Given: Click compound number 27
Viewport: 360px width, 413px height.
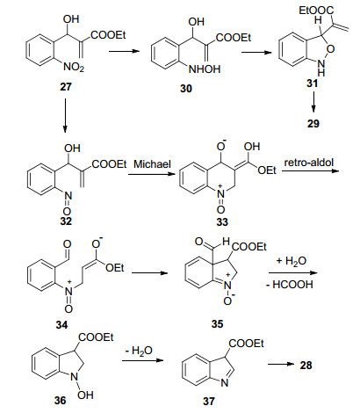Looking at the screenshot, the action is click(x=66, y=87).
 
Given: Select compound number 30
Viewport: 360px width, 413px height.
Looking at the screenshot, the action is click(x=186, y=89).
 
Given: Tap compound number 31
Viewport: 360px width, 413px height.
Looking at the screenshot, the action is click(x=312, y=83).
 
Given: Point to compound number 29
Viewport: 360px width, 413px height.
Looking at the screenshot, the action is click(x=313, y=123).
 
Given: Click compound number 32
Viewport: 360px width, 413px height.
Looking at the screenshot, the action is click(x=66, y=221).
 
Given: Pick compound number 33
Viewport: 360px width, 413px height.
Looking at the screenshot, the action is click(x=222, y=221).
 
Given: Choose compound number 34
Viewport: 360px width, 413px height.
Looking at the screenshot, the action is click(x=61, y=324).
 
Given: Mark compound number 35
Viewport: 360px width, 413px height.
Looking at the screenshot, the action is click(x=217, y=323).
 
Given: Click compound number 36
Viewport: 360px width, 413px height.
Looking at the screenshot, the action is click(x=60, y=400).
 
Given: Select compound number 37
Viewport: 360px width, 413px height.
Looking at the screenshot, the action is click(x=209, y=401).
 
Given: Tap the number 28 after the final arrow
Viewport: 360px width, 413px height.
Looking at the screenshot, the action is click(x=306, y=366).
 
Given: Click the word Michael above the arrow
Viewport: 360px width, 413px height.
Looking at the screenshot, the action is click(x=152, y=164).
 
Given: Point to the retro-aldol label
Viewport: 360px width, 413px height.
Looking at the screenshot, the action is click(x=309, y=163).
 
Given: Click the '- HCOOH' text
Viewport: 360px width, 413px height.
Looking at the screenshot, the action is click(x=290, y=285).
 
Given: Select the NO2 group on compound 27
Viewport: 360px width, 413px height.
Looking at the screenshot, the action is click(x=74, y=68).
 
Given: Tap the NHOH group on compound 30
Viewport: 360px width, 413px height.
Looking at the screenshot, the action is click(x=205, y=69).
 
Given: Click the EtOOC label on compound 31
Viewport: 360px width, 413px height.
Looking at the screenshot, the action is click(x=316, y=11).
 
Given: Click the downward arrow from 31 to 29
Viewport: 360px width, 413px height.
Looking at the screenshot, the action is click(x=313, y=102).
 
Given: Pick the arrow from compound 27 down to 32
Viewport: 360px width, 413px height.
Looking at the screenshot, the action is click(x=65, y=115).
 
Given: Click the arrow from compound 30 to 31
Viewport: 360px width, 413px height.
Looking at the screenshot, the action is click(x=256, y=53).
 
